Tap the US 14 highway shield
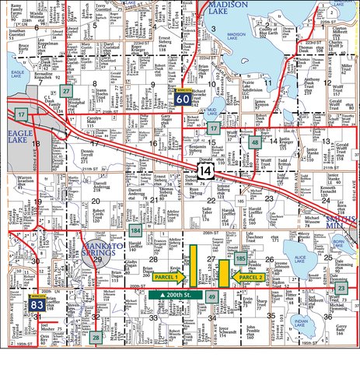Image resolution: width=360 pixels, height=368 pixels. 204,170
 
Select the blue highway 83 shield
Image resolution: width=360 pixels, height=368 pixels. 36,305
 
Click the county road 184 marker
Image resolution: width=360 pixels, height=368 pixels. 136,230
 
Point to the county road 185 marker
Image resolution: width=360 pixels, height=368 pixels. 241,258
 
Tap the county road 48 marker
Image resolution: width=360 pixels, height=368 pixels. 255,142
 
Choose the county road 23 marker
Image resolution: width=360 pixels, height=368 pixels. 341,289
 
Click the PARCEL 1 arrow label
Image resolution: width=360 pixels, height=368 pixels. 168,277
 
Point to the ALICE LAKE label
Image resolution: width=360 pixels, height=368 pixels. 298,265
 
